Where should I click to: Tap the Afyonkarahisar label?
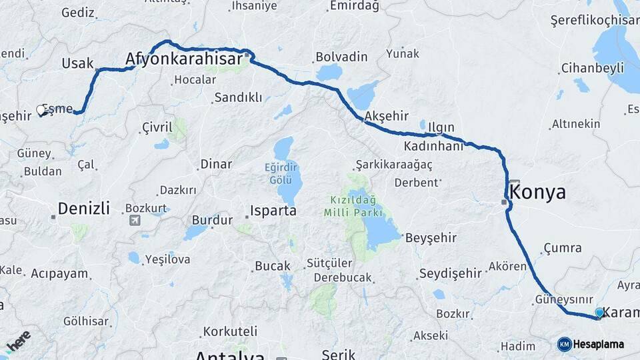click(184, 60)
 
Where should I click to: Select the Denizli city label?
click(83, 208)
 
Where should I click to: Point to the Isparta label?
click(273, 211)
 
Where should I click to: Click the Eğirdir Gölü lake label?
click(281, 173)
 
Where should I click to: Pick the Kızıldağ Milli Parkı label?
click(353, 206)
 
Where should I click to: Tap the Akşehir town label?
click(387, 116)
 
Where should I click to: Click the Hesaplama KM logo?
click(565, 344)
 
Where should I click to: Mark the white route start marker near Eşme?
click(41, 111)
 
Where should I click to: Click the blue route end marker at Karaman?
click(599, 312)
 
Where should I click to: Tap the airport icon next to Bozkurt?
click(135, 220)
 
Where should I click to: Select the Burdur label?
click(212, 219)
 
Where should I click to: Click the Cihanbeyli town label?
click(592, 67)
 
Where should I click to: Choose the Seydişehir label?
click(450, 273)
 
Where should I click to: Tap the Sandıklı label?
click(238, 97)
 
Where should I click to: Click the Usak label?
click(77, 63)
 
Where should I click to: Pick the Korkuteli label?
click(230, 331)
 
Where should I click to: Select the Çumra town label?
click(562, 248)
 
